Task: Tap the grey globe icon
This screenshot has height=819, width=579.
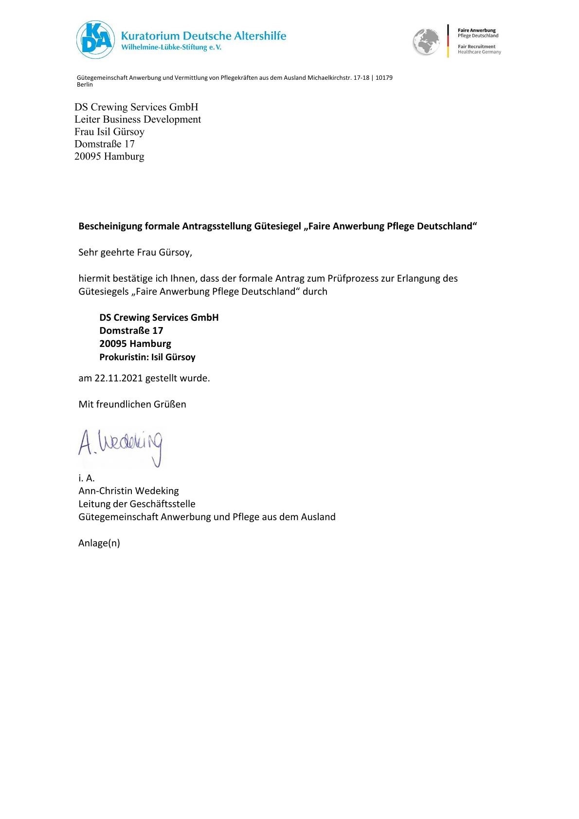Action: [426, 42]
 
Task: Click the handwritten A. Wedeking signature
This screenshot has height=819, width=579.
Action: [120, 447]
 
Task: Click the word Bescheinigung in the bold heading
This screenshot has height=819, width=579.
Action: [110, 226]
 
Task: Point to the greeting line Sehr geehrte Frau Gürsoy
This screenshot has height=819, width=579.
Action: [135, 253]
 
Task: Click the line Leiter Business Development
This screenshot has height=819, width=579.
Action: [138, 119]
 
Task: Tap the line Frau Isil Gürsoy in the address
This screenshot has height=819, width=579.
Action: [109, 132]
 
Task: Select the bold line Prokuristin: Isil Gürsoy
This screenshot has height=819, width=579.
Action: [147, 357]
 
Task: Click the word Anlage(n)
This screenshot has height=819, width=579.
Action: [99, 543]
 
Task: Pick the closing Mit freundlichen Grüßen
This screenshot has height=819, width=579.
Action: [132, 404]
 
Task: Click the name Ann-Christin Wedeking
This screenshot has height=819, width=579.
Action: [128, 491]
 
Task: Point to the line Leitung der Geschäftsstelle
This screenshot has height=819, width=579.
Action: [137, 504]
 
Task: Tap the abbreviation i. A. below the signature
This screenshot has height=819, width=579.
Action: [87, 478]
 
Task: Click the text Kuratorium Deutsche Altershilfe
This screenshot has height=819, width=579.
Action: [203, 36]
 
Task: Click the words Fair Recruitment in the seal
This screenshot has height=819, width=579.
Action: [476, 47]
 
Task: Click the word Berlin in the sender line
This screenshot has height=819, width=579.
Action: [85, 85]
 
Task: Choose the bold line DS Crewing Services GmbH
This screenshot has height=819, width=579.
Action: [159, 318]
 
